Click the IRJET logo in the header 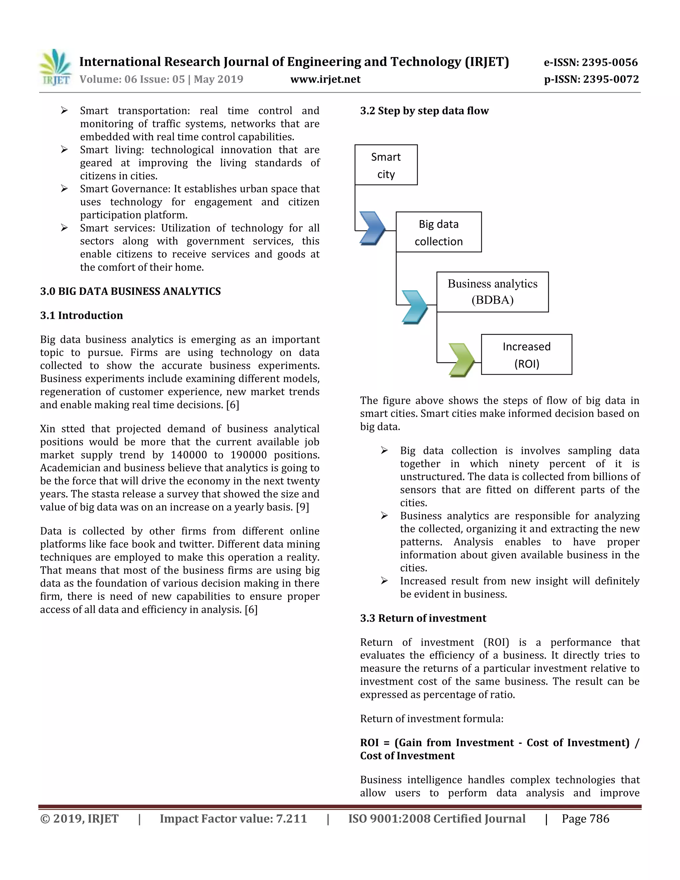coord(55,68)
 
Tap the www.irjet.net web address coord(325,79)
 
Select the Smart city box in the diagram coord(385,165)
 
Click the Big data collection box coord(438,232)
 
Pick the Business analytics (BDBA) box coord(492,292)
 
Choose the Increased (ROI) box coord(526,355)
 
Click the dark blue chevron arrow coord(372,228)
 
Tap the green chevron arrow coord(461,360)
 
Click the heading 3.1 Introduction coord(81,315)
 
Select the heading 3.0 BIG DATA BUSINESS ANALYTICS coord(130,291)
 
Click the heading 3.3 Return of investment coord(423,618)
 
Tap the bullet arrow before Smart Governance coord(64,189)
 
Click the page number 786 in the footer coord(599,819)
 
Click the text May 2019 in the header coord(218,79)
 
